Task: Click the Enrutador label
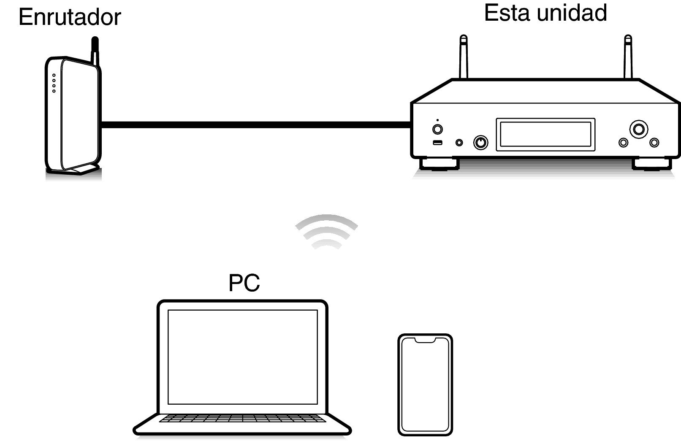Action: (x=70, y=17)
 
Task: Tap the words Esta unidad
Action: (x=545, y=13)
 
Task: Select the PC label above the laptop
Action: (x=244, y=283)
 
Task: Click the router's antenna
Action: (x=95, y=51)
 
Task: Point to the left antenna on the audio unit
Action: (x=463, y=57)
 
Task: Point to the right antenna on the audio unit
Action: (x=628, y=57)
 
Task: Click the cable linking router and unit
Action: (x=256, y=125)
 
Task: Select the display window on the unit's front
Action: (x=545, y=135)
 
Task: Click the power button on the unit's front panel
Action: (x=437, y=130)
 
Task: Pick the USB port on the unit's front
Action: (x=437, y=143)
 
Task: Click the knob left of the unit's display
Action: (x=480, y=143)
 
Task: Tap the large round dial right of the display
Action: (x=639, y=130)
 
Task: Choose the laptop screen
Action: (x=243, y=357)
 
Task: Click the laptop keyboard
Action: (x=242, y=418)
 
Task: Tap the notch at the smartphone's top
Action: (x=425, y=340)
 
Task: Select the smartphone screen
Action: (x=425, y=385)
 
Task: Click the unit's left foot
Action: (x=440, y=164)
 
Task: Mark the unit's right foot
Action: (x=652, y=164)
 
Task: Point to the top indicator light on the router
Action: (x=54, y=75)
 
